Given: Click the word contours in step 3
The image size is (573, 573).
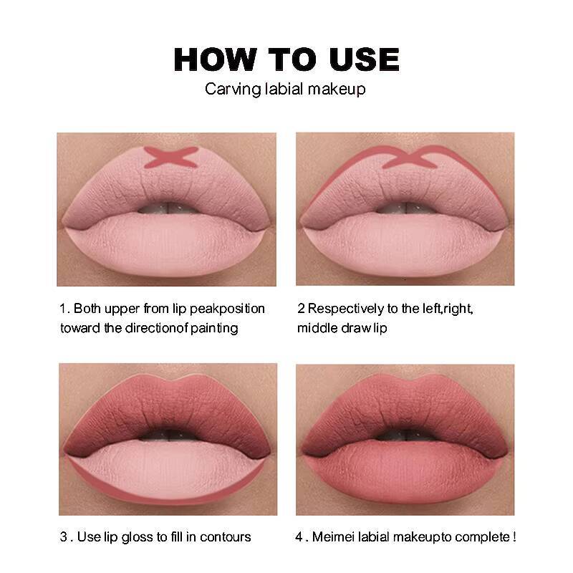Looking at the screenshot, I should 226,536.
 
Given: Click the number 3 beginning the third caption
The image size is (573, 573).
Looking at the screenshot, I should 62,536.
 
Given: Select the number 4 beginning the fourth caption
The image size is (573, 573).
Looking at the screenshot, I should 299,536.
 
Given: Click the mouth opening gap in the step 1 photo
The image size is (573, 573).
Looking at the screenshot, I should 166,208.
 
